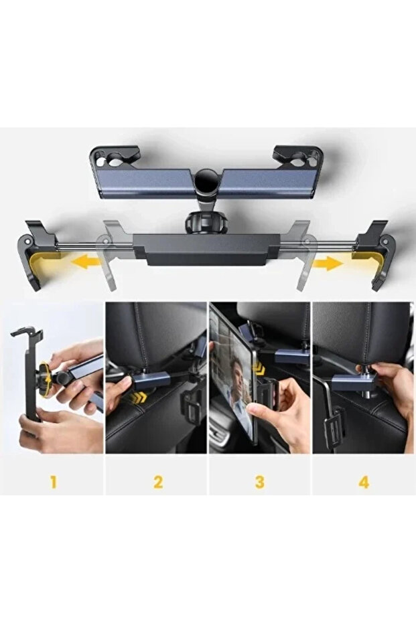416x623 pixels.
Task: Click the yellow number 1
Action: coord(54,482)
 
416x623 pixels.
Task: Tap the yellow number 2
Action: coord(158,482)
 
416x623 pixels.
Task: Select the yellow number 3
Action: coord(260,482)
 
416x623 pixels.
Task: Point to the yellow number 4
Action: coord(364,482)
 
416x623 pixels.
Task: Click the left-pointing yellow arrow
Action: coord(86,262)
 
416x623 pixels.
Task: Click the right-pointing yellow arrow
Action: coord(328,263)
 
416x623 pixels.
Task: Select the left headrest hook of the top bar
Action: coord(115,157)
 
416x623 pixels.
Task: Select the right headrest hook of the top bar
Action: coord(297,157)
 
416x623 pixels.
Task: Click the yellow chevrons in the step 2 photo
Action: coord(139,397)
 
